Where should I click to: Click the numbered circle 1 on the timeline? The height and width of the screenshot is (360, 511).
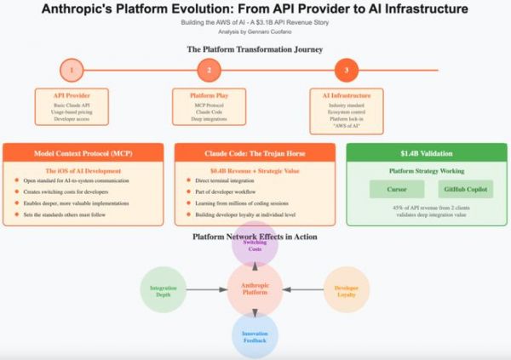72,71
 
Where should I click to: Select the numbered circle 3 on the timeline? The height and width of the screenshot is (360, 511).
346,71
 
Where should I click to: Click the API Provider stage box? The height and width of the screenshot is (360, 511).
72,106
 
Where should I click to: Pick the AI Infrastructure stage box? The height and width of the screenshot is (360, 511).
346,106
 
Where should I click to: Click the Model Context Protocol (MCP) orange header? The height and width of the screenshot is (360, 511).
83,152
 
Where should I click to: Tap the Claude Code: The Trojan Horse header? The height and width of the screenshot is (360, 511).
254,152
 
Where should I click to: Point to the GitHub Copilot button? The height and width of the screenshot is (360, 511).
464,189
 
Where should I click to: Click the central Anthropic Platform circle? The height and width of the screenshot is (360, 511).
255,290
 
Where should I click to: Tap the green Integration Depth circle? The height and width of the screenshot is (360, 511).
163,290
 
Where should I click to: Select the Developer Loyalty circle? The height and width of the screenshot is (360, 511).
347,290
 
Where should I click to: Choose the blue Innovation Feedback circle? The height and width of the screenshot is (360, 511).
255,336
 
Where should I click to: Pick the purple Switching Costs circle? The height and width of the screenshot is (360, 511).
255,247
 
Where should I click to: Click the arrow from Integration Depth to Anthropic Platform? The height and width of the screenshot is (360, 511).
206,290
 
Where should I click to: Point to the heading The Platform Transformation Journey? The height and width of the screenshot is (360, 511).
255,49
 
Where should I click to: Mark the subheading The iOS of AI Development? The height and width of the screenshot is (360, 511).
83,171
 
